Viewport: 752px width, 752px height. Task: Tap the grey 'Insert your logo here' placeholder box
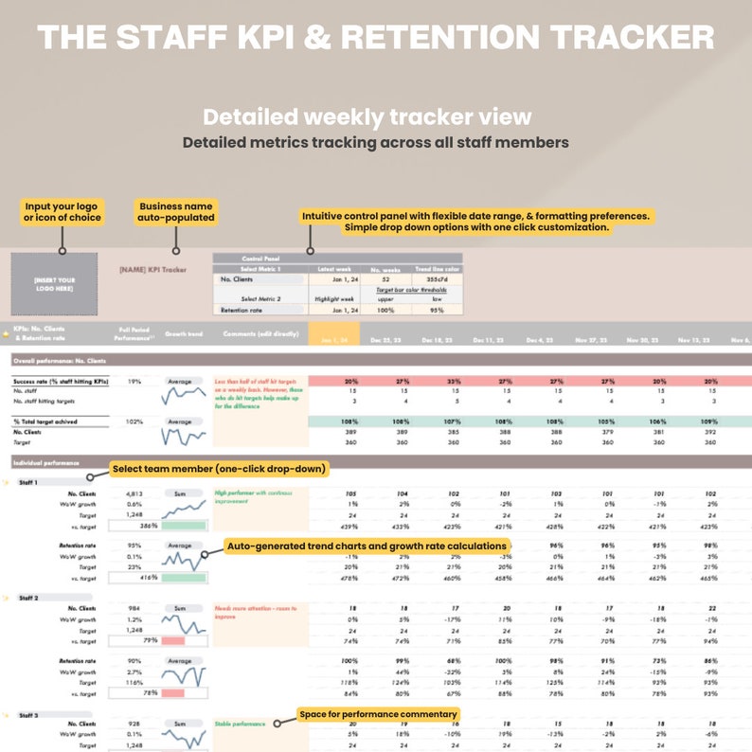pos(53,283)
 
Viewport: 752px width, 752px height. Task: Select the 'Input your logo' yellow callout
pos(62,211)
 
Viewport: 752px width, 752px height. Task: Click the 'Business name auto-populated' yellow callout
pos(177,211)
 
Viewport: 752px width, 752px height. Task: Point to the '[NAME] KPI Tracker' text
pos(152,270)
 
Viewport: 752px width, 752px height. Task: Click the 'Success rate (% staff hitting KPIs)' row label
pos(61,381)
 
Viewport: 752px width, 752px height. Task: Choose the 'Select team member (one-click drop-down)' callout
pos(219,469)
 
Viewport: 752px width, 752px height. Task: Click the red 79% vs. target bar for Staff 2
pos(173,640)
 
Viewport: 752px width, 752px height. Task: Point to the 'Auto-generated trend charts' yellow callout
pos(367,546)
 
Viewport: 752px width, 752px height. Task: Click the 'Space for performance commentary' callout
pos(378,714)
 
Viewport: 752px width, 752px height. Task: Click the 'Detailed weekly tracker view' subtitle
pos(367,117)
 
